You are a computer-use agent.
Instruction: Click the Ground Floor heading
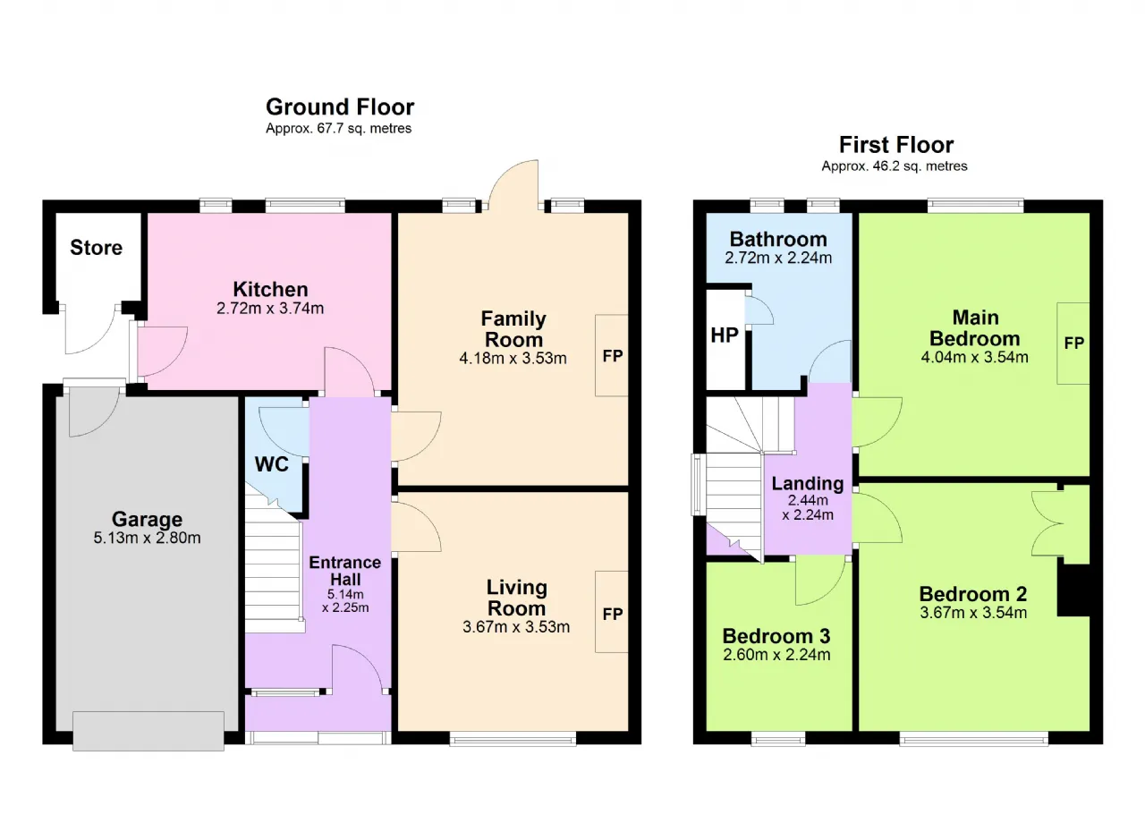click(340, 107)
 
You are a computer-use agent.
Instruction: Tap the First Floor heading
click(896, 145)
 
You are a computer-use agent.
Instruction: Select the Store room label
click(96, 248)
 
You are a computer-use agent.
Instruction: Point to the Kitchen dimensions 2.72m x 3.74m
click(270, 309)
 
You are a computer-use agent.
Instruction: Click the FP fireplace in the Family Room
click(612, 356)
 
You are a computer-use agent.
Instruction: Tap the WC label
click(271, 464)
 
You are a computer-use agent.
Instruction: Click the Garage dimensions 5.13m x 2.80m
click(148, 539)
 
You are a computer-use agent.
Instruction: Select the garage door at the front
click(148, 731)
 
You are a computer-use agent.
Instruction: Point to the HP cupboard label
click(725, 335)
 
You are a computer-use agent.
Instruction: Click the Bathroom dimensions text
click(778, 258)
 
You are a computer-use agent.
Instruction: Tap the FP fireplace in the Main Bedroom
click(1073, 344)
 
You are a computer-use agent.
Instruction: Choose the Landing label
click(808, 483)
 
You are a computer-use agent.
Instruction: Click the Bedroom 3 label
click(776, 636)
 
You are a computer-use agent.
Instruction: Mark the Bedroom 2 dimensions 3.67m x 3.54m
click(973, 613)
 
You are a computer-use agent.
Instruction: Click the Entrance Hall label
click(345, 571)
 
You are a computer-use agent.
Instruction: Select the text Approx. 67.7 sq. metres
click(338, 128)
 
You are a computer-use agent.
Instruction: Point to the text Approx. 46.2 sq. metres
click(895, 166)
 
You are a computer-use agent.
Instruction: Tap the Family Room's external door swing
click(513, 185)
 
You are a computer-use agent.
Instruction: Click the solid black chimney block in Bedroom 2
click(1073, 590)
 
